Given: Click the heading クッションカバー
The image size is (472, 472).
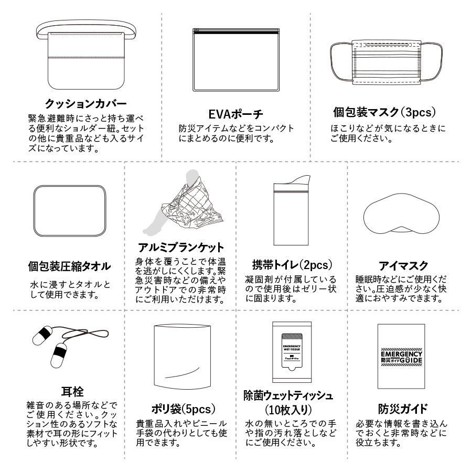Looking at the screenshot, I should point(85,103).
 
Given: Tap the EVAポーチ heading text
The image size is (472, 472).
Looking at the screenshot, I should point(235,113).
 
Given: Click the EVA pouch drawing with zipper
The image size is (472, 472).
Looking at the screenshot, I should point(235,59).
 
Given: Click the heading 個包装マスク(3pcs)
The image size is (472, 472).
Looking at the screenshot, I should point(385,112).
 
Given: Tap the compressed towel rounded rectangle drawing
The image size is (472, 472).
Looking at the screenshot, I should point(70,212).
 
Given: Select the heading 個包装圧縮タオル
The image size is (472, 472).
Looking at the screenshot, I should point(69,266).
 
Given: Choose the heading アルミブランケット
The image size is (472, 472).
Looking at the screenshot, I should point(180,247).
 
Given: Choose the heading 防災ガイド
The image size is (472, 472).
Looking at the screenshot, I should point(403,409).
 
